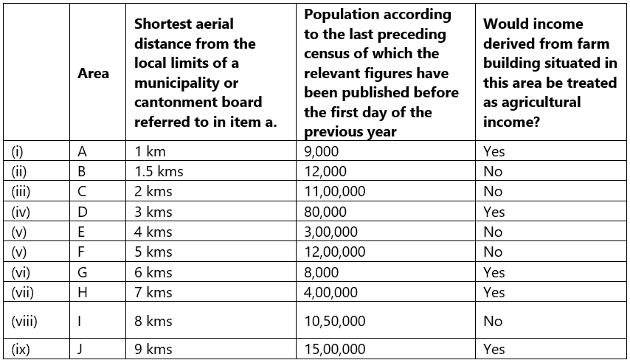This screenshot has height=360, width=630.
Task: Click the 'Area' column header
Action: [x=94, y=73]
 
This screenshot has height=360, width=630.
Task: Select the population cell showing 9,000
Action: [x=322, y=151]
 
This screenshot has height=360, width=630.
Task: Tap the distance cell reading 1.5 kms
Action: [x=159, y=171]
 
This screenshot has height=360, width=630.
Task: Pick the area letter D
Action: [x=83, y=212]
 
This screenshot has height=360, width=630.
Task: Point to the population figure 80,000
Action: [x=325, y=212]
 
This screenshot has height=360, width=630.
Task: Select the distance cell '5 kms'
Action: [x=153, y=252]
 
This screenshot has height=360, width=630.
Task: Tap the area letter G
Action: [x=83, y=272]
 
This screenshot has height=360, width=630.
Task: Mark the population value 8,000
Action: [x=322, y=272]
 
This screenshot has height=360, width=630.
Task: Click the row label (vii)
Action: [x=24, y=292]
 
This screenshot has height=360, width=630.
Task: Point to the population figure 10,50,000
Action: [x=334, y=321]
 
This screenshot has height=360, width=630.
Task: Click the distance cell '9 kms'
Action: [x=153, y=349]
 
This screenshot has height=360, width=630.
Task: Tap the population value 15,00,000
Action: [x=334, y=349]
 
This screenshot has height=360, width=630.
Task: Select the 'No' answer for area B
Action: [x=493, y=171]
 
